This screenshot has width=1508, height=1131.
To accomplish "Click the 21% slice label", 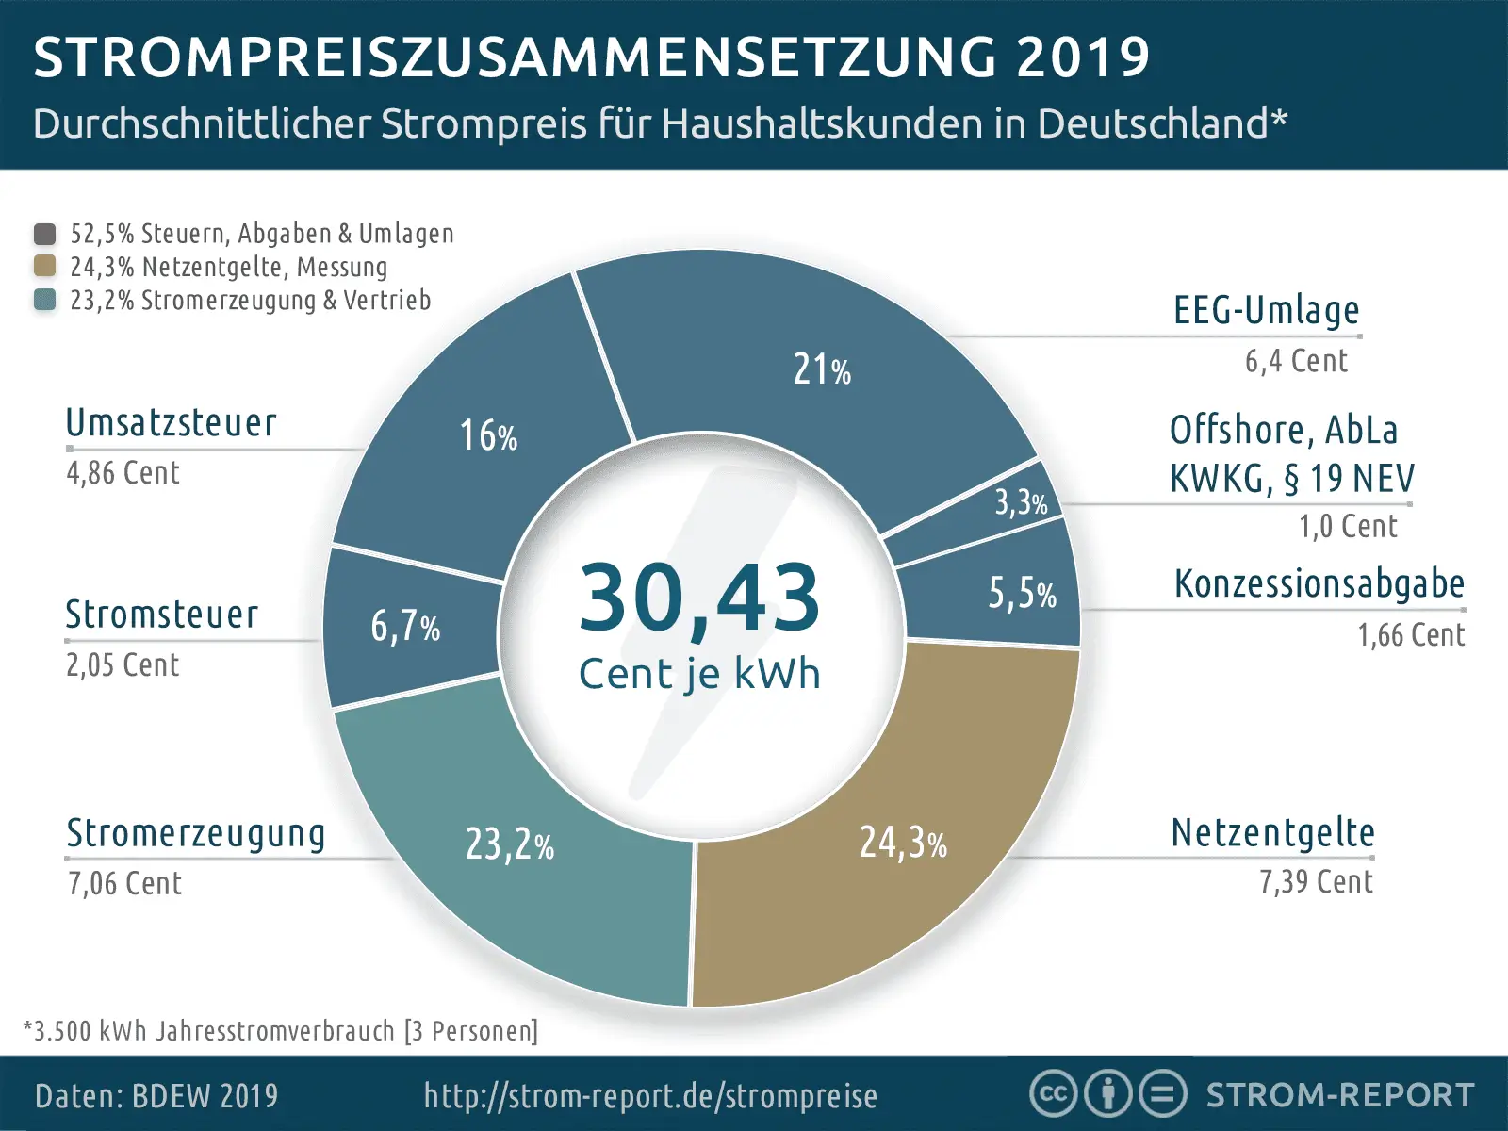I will click(x=821, y=369).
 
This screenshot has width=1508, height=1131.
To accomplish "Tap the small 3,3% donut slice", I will click(x=1021, y=502).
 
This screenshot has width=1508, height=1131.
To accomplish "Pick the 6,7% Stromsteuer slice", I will click(x=405, y=626).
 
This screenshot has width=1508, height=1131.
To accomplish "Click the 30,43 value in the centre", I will click(x=698, y=598).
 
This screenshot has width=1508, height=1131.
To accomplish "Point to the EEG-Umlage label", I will click(x=1266, y=310).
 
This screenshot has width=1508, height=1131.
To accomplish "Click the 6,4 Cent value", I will click(x=1296, y=361).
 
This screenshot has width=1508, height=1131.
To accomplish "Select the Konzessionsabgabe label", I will click(x=1319, y=584).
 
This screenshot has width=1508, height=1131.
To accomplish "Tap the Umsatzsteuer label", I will click(x=172, y=423).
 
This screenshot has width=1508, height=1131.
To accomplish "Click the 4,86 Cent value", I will click(x=123, y=473).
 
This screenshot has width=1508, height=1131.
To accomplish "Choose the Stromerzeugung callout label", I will click(x=196, y=833).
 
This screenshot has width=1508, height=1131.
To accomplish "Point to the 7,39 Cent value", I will click(x=1316, y=882).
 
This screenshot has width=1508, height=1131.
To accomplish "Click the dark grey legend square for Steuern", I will click(x=44, y=233).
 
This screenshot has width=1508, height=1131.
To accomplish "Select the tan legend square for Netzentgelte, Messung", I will click(x=44, y=266).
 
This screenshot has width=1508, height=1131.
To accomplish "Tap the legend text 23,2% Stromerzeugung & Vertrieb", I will click(x=250, y=301).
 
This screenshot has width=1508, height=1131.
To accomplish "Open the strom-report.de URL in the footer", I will click(x=650, y=1096).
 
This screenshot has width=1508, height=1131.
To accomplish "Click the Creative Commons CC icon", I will click(x=1053, y=1094).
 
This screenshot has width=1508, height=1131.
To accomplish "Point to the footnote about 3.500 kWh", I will click(x=281, y=1031).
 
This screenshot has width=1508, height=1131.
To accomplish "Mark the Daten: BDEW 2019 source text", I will click(x=156, y=1096).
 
